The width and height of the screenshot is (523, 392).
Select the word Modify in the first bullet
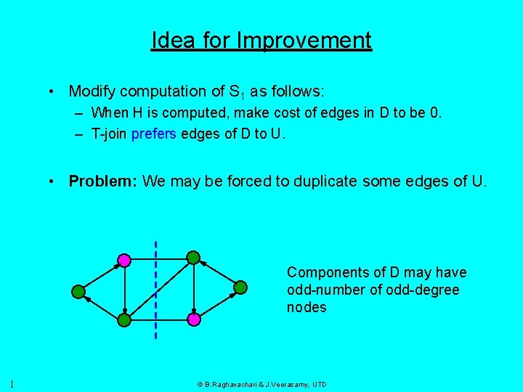tap(92, 91)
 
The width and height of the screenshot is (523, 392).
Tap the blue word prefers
tap(154, 133)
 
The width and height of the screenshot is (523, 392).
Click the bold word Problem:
tap(102, 181)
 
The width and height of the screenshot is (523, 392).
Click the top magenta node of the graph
tap(124, 259)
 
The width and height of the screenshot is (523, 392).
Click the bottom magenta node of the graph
tap(194, 319)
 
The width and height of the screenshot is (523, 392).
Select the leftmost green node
tap(78, 291)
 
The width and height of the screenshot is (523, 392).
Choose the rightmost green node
tap(240, 287)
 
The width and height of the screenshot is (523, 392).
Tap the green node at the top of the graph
tap(193, 257)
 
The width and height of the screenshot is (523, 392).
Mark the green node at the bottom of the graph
tap(124, 319)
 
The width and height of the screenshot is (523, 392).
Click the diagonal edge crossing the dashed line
tap(158, 288)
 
